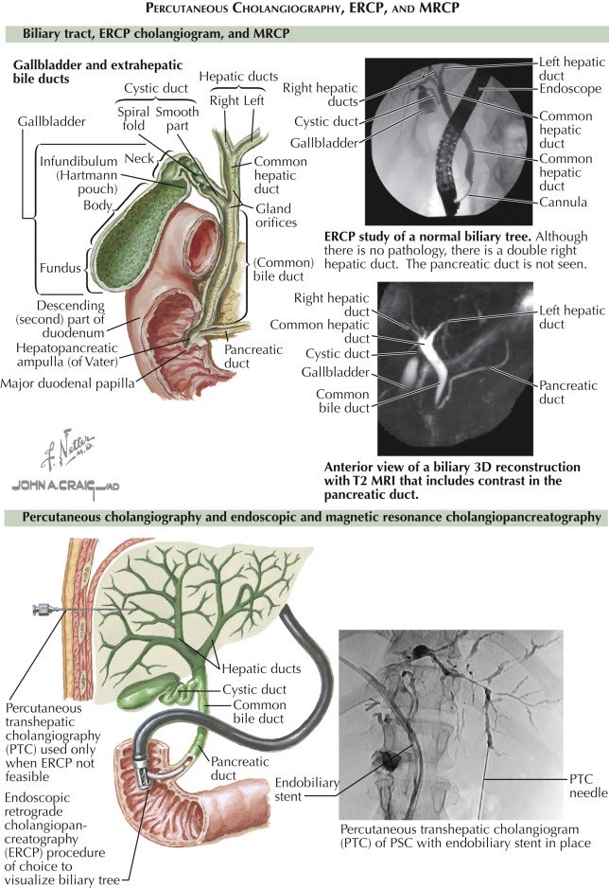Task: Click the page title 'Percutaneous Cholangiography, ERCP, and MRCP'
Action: [x=304, y=9]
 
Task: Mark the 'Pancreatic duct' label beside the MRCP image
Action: [x=565, y=392]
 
